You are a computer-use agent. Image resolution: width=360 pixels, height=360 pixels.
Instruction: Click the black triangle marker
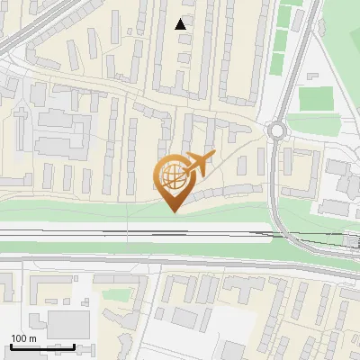(x=182, y=24)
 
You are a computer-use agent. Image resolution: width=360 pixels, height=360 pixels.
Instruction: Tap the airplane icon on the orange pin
(x=199, y=164)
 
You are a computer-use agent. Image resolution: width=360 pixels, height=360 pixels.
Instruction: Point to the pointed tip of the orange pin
(x=174, y=211)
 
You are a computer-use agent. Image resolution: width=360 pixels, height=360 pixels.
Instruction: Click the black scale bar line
(x=41, y=346)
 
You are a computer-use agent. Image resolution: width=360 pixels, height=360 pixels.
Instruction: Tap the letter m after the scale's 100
(x=31, y=338)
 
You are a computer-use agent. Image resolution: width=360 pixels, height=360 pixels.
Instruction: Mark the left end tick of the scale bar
(x=10, y=345)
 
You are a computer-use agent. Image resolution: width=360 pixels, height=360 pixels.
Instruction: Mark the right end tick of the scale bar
(x=74, y=345)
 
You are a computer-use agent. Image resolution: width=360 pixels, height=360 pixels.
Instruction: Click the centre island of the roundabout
(x=276, y=130)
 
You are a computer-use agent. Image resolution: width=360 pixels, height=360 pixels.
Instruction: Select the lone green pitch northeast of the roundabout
(x=315, y=97)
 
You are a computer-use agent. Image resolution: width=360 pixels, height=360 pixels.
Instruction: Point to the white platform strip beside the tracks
(x=225, y=238)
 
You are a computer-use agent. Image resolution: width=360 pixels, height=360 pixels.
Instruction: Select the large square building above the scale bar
(x=67, y=324)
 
